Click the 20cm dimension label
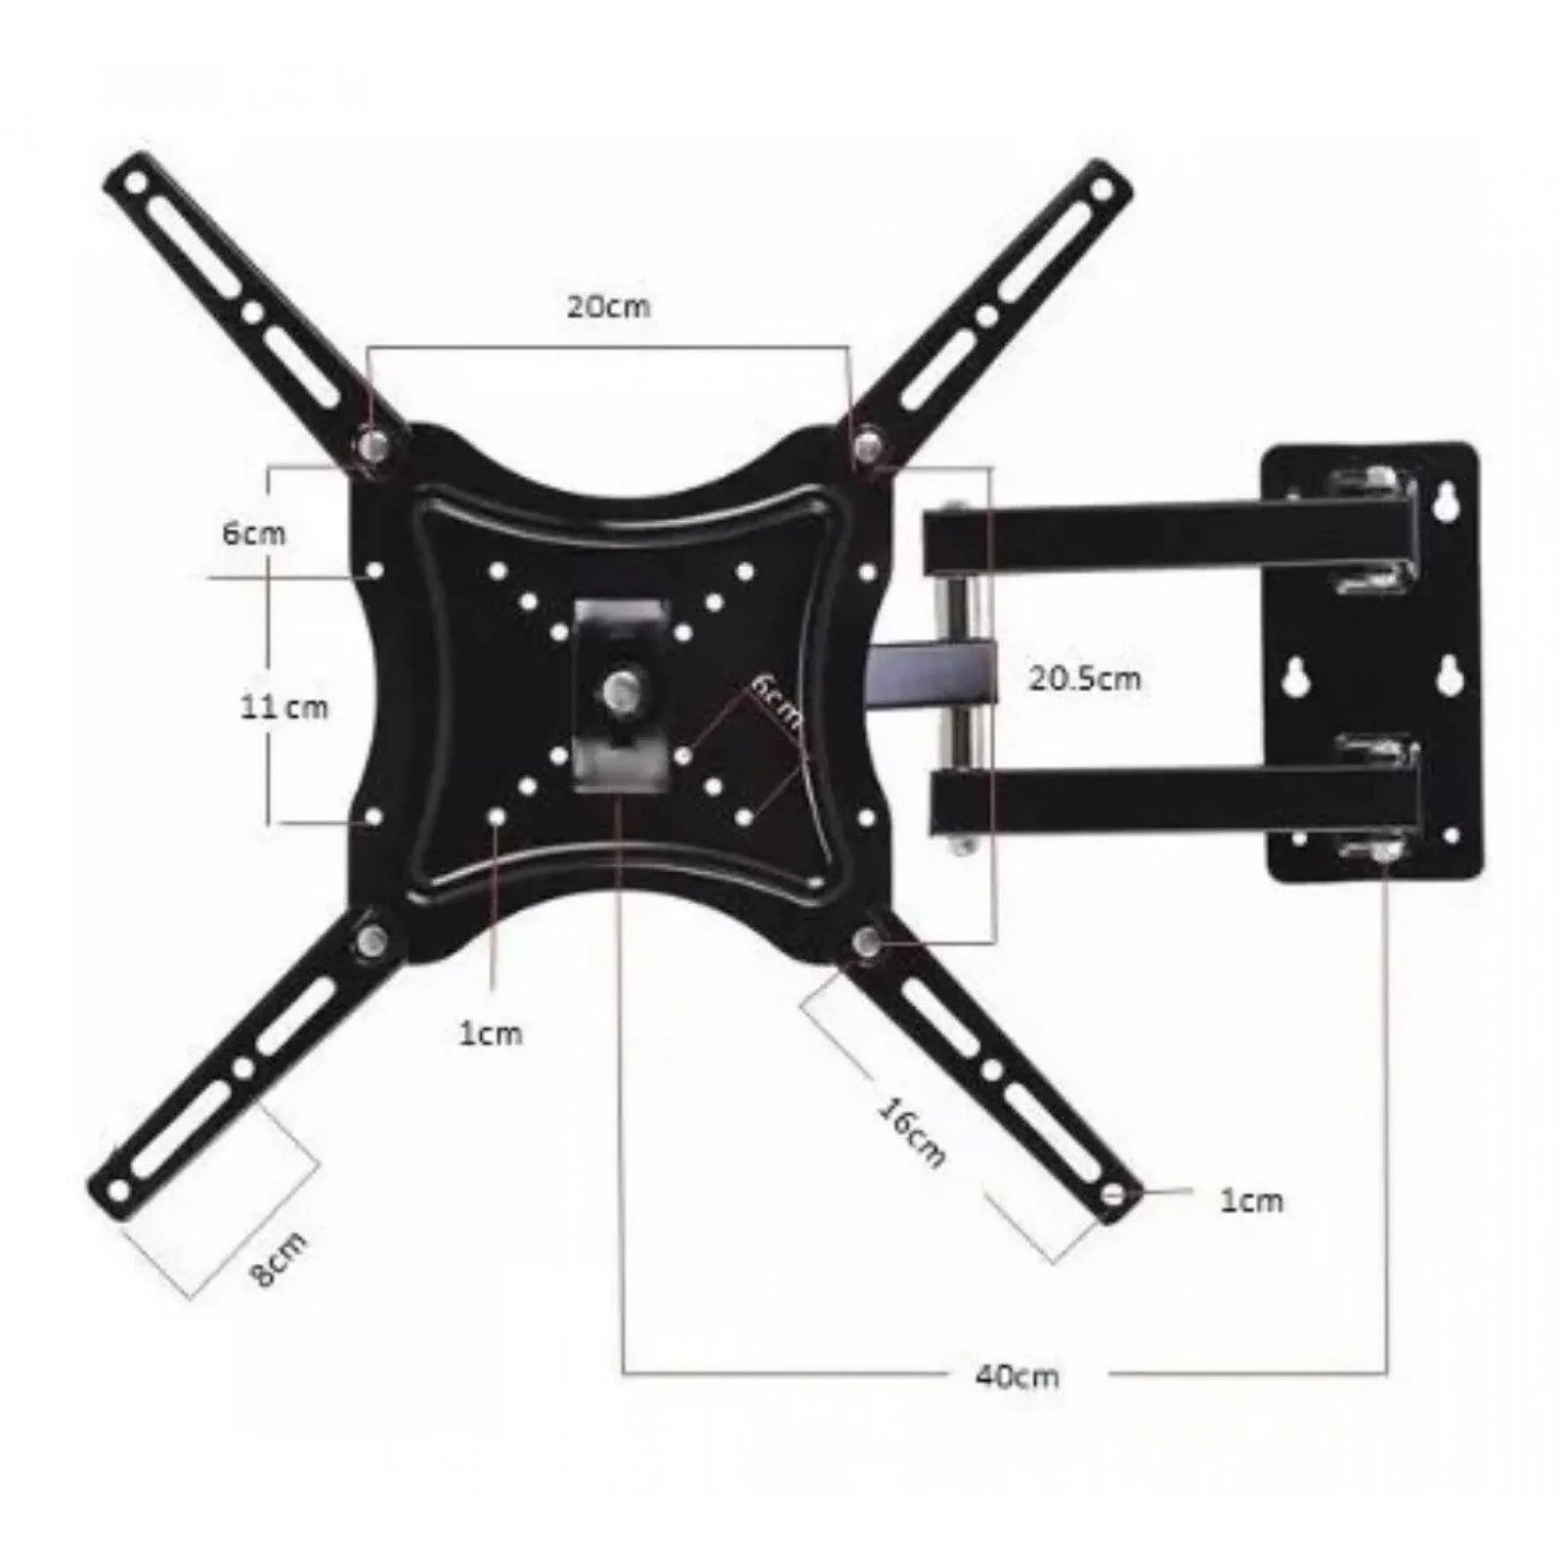pyautogui.click(x=608, y=306)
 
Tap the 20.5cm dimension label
pyautogui.click(x=1084, y=677)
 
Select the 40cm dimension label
pyautogui.click(x=1017, y=1375)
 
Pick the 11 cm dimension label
pyautogui.click(x=284, y=706)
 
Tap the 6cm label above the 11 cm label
pyautogui.click(x=253, y=534)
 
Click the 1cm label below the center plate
pyautogui.click(x=491, y=1032)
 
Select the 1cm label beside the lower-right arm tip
pyautogui.click(x=1251, y=1200)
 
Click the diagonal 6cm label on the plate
pyautogui.click(x=774, y=700)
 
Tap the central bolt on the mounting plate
pyautogui.click(x=619, y=690)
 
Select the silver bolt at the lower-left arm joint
pyautogui.click(x=372, y=941)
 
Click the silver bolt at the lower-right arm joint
pyautogui.click(x=864, y=940)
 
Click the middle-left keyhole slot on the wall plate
pyautogui.click(x=1299, y=675)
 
